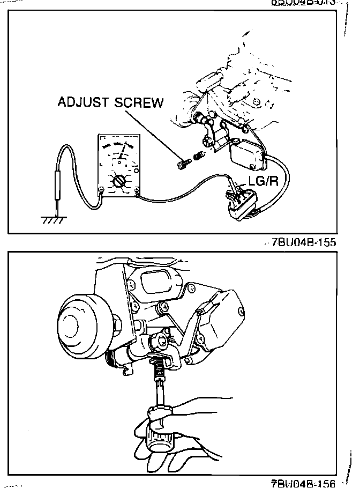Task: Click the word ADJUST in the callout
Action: pyautogui.click(x=84, y=102)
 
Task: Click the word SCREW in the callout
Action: pyautogui.click(x=138, y=102)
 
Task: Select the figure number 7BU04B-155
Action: pyautogui.click(x=304, y=242)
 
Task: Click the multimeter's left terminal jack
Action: pyautogui.click(x=101, y=189)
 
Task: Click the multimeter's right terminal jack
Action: pyautogui.click(x=138, y=189)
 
